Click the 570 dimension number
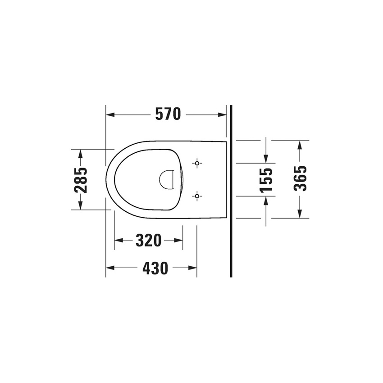click(168, 114)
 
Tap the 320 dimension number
click(148, 241)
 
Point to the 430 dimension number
click(155, 268)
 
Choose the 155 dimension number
click(266, 179)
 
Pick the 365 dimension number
click(300, 179)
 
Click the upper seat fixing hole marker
click(197, 163)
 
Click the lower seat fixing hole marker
click(197, 196)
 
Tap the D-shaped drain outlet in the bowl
click(166, 179)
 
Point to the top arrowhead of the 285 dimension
click(81, 154)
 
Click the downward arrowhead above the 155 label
click(266, 158)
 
